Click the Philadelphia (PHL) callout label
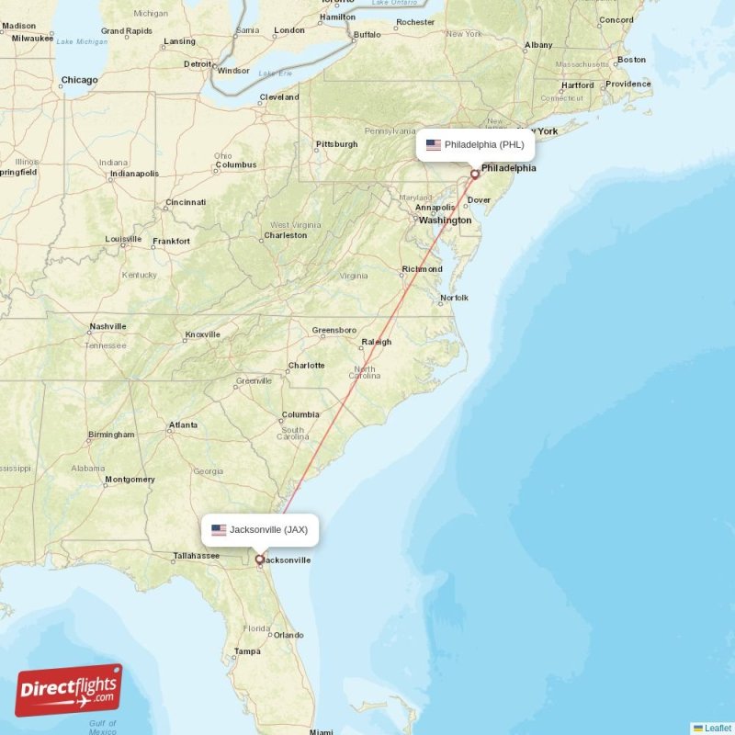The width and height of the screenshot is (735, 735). coord(476,144)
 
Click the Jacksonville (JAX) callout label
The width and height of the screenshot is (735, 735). coord(262,529)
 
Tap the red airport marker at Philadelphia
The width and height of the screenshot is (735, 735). coord(475,174)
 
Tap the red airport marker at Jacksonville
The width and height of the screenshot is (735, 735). coord(259,559)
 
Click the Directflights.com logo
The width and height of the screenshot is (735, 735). coord(69,690)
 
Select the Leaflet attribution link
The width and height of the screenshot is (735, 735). coord(717,728)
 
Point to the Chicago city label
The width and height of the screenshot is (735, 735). coord(79,80)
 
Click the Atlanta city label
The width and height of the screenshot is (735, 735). coord(183,424)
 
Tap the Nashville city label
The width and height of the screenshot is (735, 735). coord(107,326)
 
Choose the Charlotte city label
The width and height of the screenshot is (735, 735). coord(306,365)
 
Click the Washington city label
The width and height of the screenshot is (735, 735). coord(445,220)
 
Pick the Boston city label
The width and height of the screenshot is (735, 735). coord(631,60)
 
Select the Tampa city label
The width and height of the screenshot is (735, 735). coord(246,651)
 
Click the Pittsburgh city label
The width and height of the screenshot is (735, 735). coord(336,144)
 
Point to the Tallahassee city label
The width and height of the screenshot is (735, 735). coord(197,555)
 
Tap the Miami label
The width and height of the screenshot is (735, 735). coord(322,732)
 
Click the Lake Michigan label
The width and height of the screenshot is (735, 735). coord(82,41)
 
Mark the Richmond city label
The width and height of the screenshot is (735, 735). coord(422,269)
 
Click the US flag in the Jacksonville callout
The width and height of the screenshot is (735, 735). coord(219,530)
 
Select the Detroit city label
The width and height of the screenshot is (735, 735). coord(198,64)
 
